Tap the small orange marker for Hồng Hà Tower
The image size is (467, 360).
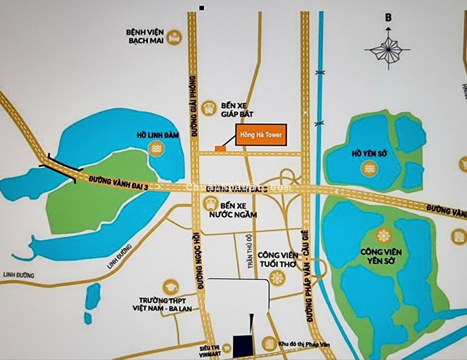coord(220,148)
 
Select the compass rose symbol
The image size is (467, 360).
coord(388,49)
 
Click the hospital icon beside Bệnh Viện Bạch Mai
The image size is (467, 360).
coord(174,36)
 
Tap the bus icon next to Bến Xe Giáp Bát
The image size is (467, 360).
coord(209,108)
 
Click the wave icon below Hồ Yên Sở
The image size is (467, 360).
coord(369,168)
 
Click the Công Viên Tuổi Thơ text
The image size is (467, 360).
coord(277,259)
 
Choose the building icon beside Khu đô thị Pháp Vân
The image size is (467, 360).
coord(268,344)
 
